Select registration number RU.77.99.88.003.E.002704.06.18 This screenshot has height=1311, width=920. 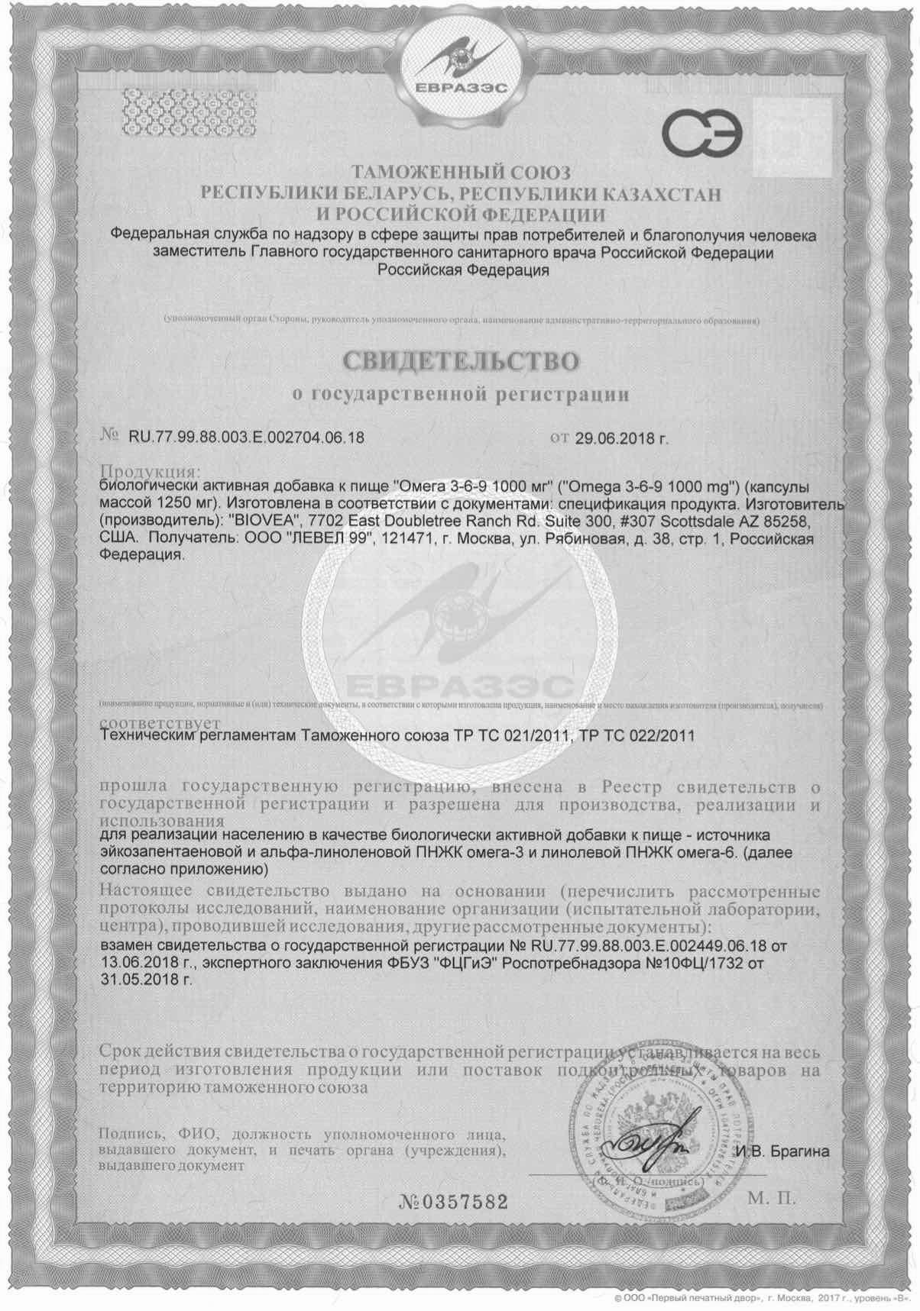tap(246, 438)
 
